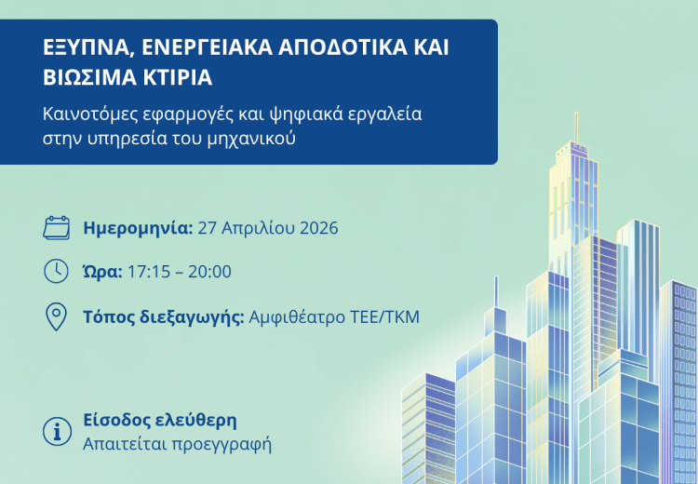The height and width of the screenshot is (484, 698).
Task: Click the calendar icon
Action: [x=57, y=227]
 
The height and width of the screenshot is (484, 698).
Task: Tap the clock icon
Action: [x=57, y=271]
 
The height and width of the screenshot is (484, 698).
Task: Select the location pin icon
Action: [x=57, y=316]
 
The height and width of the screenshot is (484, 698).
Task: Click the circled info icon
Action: [x=58, y=431]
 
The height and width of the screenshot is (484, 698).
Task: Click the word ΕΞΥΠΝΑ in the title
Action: [x=86, y=49]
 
